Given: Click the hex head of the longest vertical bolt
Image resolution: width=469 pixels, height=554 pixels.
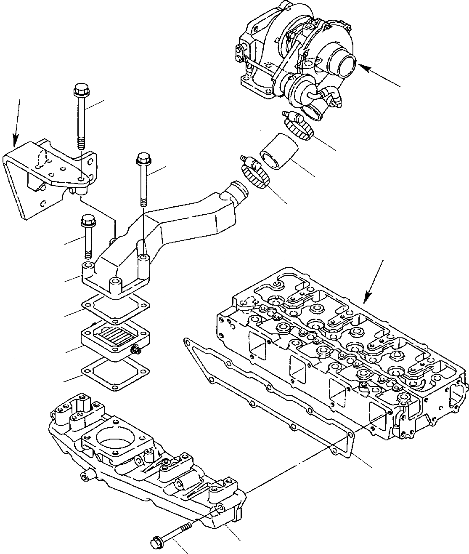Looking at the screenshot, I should click(x=79, y=89).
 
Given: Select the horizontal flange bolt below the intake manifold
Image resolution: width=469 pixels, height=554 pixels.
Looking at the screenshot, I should click(x=172, y=533).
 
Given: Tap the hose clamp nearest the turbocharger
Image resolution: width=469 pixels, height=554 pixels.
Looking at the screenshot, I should click(x=299, y=127).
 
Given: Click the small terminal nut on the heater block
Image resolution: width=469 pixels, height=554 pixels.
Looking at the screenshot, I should click(x=135, y=349).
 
